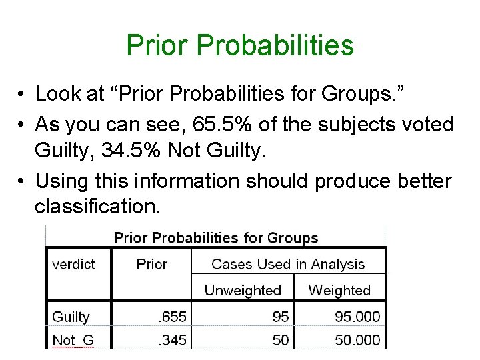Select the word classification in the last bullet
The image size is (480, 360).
tap(97, 207)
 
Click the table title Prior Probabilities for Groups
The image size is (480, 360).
tap(216, 238)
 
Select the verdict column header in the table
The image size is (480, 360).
tap(73, 264)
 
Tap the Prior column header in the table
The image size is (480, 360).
tap(151, 264)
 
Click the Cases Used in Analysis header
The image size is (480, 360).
tap(288, 264)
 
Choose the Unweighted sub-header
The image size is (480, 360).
tap(243, 290)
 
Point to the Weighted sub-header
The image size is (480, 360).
tap(339, 290)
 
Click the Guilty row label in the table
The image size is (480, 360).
tap(71, 317)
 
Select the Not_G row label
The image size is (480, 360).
tap(73, 339)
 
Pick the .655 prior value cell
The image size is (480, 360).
tap(173, 317)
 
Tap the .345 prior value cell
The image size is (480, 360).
tap(173, 339)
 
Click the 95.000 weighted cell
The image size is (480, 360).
tap(357, 317)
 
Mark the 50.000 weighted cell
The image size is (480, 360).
tap(357, 339)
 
